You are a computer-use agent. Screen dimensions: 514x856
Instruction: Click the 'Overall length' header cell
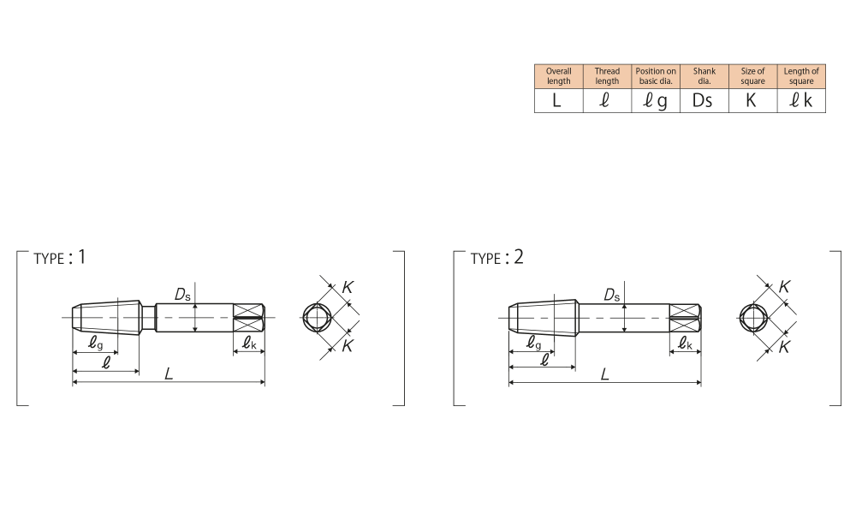pos(558,76)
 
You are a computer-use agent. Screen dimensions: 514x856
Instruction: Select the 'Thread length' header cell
pos(607,76)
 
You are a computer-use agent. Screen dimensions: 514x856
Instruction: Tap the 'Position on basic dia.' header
pos(656,76)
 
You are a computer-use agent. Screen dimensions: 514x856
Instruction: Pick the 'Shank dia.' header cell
pos(704,76)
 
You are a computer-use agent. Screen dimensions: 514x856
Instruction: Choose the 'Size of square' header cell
pos(752,76)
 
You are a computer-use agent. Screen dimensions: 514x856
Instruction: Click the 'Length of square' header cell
pos(801,76)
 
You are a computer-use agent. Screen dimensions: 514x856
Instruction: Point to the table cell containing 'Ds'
pos(704,101)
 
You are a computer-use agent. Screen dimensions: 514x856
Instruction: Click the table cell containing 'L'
pos(558,101)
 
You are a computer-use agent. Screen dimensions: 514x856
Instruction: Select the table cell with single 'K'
pos(752,101)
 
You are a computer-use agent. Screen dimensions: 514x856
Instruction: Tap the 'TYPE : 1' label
pos(60,258)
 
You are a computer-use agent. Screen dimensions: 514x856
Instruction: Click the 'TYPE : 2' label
pos(496,258)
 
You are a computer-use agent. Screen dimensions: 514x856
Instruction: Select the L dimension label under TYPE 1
pos(169,374)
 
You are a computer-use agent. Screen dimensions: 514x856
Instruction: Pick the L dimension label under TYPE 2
pos(604,374)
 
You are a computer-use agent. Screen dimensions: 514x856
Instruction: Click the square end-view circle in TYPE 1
pos(317,318)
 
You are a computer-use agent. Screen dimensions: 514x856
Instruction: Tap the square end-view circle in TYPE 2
pos(753,318)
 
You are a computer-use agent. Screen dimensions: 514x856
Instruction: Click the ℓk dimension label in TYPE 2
pos(685,344)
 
